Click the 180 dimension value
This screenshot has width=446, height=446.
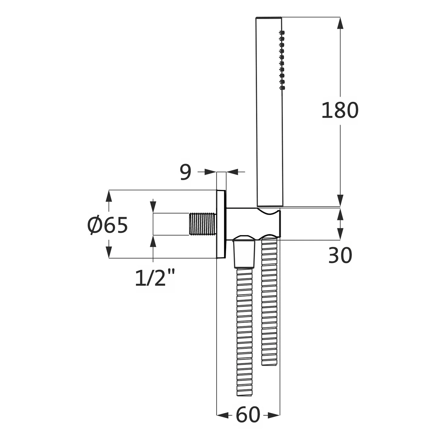tap(340, 110)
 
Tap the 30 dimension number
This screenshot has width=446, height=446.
tap(340, 255)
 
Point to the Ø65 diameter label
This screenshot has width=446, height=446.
tap(108, 225)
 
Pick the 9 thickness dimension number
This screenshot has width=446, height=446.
tap(186, 172)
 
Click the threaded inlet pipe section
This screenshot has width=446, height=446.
tap(202, 224)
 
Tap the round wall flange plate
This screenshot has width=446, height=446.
tap(221, 224)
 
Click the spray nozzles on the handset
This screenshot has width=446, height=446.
tap(282, 59)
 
